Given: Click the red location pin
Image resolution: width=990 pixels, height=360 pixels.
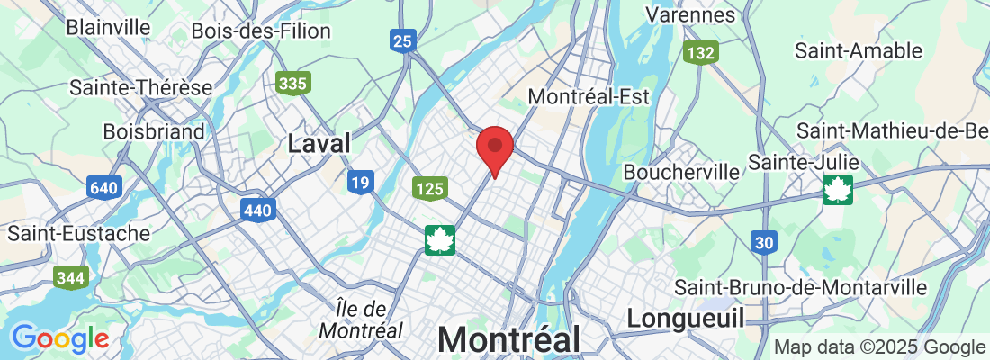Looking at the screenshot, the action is (x=494, y=149).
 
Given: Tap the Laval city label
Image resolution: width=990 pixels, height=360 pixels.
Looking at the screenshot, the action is (x=319, y=143).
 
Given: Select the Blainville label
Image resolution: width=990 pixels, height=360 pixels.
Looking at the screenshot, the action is (x=108, y=26).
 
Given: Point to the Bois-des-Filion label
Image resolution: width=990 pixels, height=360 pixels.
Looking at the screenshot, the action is (x=261, y=31).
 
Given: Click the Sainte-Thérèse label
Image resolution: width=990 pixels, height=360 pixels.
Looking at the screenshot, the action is (x=140, y=88).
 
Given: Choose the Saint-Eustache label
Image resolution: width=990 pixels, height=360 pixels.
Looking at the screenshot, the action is (x=79, y=233).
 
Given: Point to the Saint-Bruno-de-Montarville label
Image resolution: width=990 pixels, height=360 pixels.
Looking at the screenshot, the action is (x=801, y=287).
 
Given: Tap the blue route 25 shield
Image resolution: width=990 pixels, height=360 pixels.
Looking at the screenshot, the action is (x=402, y=40).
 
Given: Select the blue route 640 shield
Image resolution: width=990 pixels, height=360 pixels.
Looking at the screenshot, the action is (x=104, y=188).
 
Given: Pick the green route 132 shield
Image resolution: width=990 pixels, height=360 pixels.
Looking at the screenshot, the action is (x=699, y=54).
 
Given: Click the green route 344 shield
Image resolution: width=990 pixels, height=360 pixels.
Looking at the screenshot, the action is (x=69, y=277).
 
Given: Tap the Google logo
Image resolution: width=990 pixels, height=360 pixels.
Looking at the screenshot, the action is (x=60, y=338).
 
